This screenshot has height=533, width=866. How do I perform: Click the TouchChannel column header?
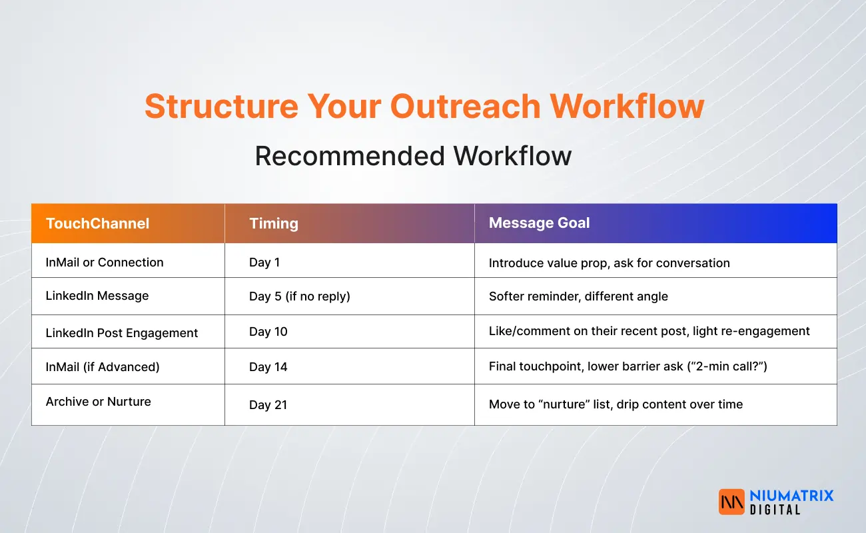97,223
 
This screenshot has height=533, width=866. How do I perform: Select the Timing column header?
273,223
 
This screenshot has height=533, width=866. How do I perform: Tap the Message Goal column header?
539,223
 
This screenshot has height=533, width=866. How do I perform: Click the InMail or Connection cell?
105,263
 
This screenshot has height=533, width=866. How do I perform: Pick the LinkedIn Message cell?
97,296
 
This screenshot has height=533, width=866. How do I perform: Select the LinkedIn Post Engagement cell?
122,333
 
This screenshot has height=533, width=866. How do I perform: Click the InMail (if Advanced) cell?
103,366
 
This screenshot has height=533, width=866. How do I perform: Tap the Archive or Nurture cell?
99,402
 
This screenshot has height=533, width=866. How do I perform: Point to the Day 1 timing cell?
264,263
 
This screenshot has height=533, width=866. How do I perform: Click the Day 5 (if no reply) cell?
299,296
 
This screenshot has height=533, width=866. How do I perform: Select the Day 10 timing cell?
268,332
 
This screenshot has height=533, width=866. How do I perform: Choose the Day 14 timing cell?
268,367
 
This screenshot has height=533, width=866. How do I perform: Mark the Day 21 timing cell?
268,404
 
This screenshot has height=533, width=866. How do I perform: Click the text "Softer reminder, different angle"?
578,296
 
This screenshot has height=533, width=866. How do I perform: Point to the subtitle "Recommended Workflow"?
413,156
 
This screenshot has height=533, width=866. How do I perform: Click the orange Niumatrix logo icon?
731,502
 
